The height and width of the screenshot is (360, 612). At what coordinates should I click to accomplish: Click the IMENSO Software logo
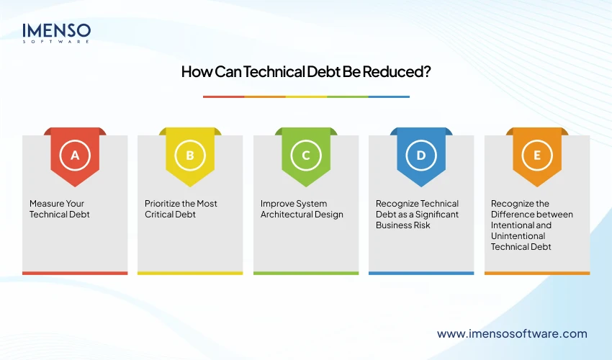click(57, 33)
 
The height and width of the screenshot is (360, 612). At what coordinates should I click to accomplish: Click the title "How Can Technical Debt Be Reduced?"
click(306, 72)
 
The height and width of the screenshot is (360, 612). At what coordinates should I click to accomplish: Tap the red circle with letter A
click(75, 155)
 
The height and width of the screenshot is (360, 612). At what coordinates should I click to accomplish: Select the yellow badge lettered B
click(190, 155)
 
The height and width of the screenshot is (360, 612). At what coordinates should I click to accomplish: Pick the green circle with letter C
click(306, 155)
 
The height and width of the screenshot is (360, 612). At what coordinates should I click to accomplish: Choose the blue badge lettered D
click(421, 155)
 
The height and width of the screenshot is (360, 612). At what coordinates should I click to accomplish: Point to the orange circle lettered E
click(536, 155)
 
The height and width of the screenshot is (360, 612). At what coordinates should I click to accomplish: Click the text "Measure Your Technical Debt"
click(60, 209)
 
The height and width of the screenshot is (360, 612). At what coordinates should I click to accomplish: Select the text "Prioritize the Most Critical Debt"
click(181, 209)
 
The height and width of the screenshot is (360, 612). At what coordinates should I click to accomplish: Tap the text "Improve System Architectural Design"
click(302, 209)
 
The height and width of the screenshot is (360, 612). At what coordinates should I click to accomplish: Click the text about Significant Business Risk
click(418, 214)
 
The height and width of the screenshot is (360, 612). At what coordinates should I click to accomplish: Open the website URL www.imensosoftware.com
click(512, 333)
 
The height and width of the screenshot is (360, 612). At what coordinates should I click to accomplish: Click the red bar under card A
click(75, 273)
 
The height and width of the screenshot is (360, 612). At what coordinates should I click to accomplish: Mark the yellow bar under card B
click(190, 273)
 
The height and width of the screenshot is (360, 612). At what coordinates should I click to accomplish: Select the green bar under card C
click(306, 273)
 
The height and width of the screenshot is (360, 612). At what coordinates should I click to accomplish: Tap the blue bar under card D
click(421, 273)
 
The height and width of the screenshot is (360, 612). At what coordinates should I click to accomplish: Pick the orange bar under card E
click(536, 273)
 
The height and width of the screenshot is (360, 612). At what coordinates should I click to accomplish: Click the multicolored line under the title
click(306, 96)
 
